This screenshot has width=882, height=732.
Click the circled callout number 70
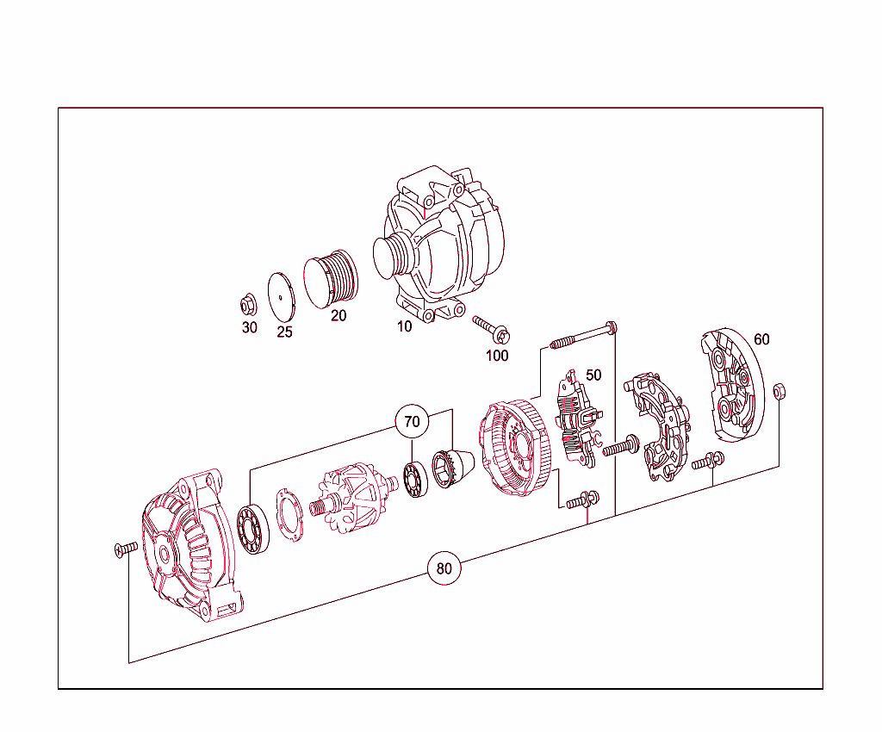click(413, 422)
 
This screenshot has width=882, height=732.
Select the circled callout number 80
click(444, 568)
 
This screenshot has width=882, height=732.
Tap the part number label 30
click(249, 328)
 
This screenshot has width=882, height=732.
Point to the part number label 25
click(284, 332)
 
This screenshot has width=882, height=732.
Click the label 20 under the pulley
click(339, 316)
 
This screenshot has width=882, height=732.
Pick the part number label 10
click(404, 326)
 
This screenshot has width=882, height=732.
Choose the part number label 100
click(497, 355)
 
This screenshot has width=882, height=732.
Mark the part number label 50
click(593, 375)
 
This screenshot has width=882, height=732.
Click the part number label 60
click(761, 339)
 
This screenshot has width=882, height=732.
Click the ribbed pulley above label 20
click(331, 278)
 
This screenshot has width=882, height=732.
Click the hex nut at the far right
click(779, 391)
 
